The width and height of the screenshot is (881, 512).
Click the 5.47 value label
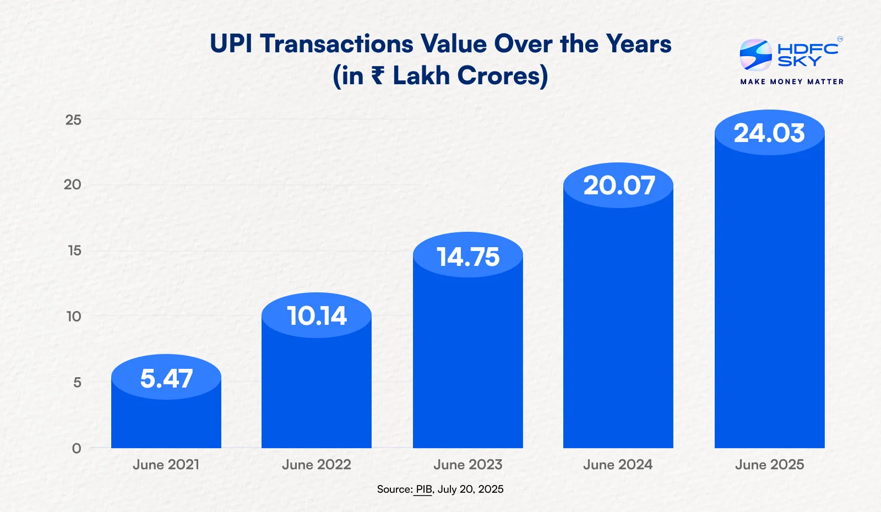click(x=166, y=378)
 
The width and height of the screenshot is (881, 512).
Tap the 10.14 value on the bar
click(x=317, y=316)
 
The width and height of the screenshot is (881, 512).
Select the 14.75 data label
click(x=468, y=257)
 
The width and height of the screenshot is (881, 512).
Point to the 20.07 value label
click(x=619, y=186)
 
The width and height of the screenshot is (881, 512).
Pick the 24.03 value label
click(x=769, y=133)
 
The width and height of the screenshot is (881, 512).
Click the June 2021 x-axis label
click(x=166, y=465)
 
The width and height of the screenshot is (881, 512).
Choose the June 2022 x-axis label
click(x=317, y=465)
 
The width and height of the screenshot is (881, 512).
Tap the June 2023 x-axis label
click(x=468, y=465)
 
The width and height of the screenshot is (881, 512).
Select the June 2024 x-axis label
click(x=618, y=465)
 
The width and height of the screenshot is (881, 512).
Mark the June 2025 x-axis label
click(x=769, y=465)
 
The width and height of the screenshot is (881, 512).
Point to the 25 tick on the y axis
click(x=73, y=120)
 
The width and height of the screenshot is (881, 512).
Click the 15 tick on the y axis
click(x=74, y=251)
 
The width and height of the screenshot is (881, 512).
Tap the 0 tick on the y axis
click(x=77, y=448)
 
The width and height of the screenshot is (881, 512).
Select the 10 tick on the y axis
click(x=74, y=317)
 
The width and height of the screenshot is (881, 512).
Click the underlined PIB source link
click(x=423, y=489)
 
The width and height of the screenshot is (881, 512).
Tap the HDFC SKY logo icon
click(x=755, y=55)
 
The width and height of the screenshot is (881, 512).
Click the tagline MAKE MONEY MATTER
click(x=792, y=81)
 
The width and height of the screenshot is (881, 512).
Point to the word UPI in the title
click(x=231, y=44)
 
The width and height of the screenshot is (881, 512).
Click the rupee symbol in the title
click(x=377, y=75)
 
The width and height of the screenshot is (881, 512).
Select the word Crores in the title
click(x=502, y=76)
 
